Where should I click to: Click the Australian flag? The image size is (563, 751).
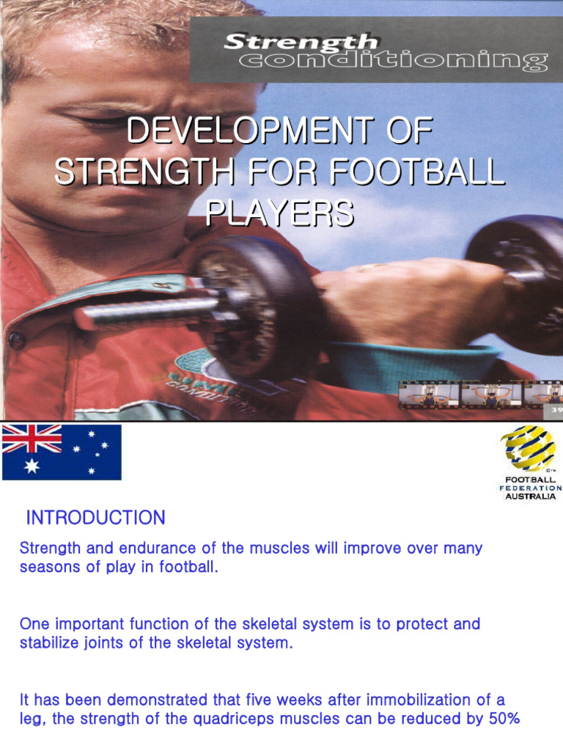point(62,452)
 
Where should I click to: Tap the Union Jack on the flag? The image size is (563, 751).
point(32,439)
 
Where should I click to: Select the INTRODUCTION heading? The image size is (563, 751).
point(95,518)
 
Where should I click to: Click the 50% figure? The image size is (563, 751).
point(504,719)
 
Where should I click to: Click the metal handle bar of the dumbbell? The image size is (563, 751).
point(147,312)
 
